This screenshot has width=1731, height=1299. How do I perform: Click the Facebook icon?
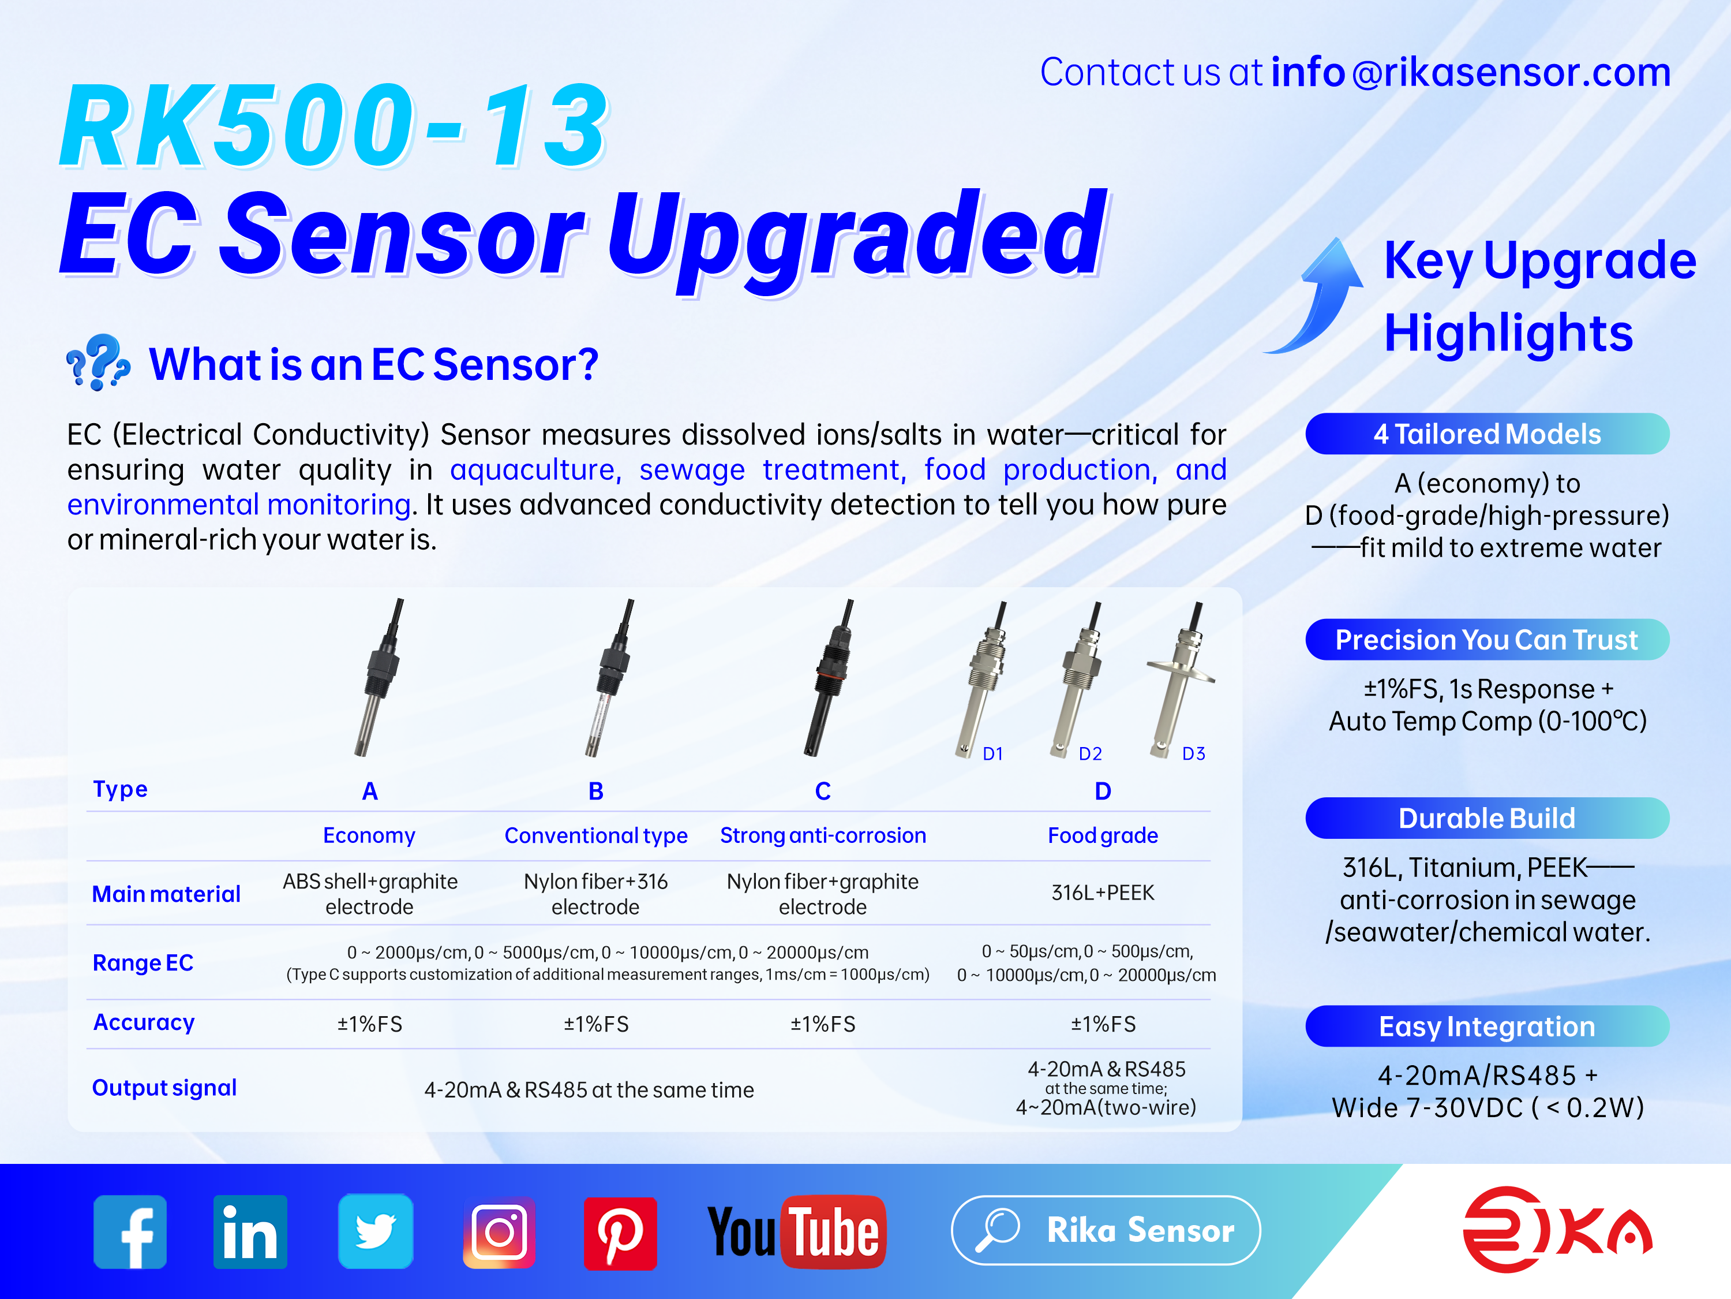pyautogui.click(x=130, y=1231)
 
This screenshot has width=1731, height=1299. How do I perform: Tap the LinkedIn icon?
pyautogui.click(x=250, y=1231)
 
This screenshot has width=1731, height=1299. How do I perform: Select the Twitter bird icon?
pyautogui.click(x=376, y=1231)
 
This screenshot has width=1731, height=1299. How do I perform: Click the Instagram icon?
pyautogui.click(x=499, y=1231)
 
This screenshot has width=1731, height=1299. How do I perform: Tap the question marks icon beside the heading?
pyautogui.click(x=98, y=362)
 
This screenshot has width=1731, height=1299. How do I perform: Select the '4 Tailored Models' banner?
pyautogui.click(x=1487, y=434)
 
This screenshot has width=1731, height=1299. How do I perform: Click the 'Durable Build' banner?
pyautogui.click(x=1487, y=818)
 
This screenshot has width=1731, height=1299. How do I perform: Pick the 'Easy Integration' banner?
pyautogui.click(x=1487, y=1026)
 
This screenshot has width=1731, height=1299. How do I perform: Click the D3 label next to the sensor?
pyautogui.click(x=1193, y=753)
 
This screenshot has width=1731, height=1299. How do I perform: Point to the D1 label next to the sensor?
pyautogui.click(x=993, y=753)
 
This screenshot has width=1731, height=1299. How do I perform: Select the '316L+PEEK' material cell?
pyautogui.click(x=1103, y=893)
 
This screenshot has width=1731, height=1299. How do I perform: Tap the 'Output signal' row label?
pyautogui.click(x=164, y=1088)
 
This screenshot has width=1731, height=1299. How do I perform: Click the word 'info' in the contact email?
pyautogui.click(x=1307, y=72)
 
